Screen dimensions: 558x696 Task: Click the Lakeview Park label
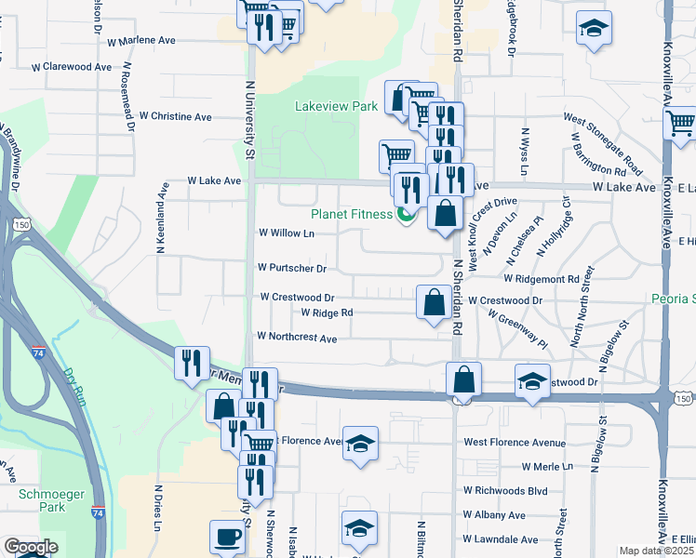pos(336,106)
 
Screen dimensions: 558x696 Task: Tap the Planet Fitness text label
pos(352,214)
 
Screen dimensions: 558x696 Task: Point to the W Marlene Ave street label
pos(141,42)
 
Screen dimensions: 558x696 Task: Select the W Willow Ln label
pos(286,232)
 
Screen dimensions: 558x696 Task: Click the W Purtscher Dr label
pos(292,269)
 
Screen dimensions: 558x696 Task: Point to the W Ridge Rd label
pos(327,313)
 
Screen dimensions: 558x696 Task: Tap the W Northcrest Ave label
pos(297,339)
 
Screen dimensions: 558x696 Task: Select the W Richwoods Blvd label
pos(506,489)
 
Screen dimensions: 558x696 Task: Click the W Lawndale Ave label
pos(502,539)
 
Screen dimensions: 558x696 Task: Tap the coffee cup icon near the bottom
pos(227,536)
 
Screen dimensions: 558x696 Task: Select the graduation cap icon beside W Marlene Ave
pos(593,29)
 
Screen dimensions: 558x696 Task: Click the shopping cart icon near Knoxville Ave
pos(680,122)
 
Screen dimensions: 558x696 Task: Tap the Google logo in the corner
pos(30,547)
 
